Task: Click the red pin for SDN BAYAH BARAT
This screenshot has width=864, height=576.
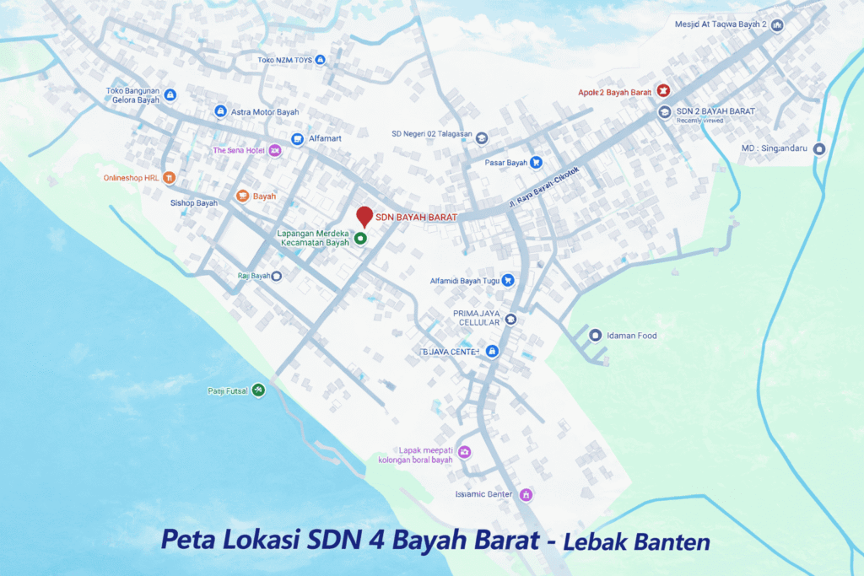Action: point(364,216)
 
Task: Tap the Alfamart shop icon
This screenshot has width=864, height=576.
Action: point(297,139)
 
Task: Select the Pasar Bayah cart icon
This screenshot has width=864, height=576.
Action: point(536,163)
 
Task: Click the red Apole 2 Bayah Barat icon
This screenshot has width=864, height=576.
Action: point(663,91)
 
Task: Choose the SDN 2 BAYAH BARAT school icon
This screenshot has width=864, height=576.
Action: point(664,111)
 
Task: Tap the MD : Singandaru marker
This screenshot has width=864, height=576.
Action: point(818,148)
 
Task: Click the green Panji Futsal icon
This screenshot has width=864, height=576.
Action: point(259,390)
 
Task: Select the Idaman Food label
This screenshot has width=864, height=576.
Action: point(635,336)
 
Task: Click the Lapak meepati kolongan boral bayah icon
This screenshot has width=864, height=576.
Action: point(464,452)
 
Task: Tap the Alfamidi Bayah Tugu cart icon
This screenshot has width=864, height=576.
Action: point(508,280)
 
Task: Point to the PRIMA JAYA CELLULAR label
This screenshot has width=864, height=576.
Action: point(479,318)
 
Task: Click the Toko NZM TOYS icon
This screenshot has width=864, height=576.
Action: point(320,60)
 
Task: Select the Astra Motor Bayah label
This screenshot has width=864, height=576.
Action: point(264,111)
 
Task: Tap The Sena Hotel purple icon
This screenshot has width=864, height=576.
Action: point(274,150)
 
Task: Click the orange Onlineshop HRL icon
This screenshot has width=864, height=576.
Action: point(170,177)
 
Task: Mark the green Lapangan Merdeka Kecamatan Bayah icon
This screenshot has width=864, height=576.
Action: point(361,239)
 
